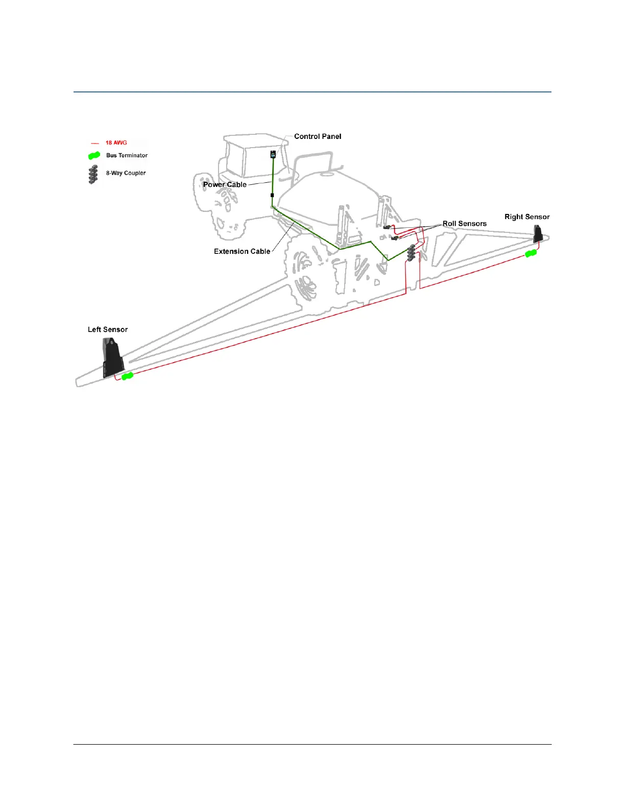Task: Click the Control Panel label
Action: (x=318, y=136)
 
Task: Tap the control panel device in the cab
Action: (x=273, y=154)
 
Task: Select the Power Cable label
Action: (x=225, y=184)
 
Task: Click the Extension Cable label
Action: (x=242, y=251)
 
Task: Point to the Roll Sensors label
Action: (x=464, y=224)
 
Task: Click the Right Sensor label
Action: (x=527, y=217)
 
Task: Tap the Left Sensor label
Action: (x=108, y=329)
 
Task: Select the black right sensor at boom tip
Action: (x=538, y=234)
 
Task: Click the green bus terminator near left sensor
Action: (x=127, y=376)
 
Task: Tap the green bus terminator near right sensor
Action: (x=531, y=253)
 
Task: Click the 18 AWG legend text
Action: (x=116, y=143)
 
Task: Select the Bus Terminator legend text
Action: (x=127, y=155)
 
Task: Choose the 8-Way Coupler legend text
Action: (x=126, y=173)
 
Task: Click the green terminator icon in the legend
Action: (x=94, y=156)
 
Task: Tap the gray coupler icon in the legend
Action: (x=93, y=174)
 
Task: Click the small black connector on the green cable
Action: (x=272, y=195)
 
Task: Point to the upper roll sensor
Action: (x=387, y=227)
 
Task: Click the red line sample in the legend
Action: (x=94, y=144)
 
